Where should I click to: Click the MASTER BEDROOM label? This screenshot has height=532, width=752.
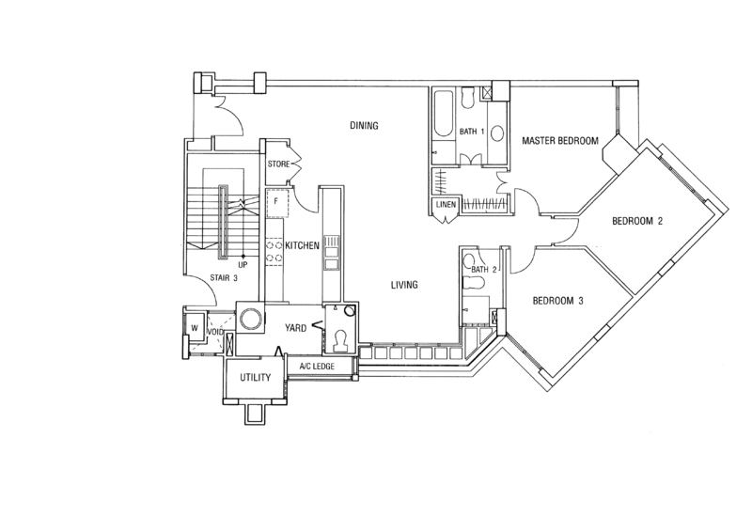[x=560, y=141]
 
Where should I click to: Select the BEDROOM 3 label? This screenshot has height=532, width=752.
[x=559, y=302]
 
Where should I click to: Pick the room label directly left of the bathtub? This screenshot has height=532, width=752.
[x=363, y=125]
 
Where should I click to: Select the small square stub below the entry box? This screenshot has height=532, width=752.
[x=254, y=414]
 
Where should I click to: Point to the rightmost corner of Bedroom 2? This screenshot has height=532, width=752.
[x=727, y=210]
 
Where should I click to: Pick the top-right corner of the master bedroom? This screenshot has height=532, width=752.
[x=637, y=83]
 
